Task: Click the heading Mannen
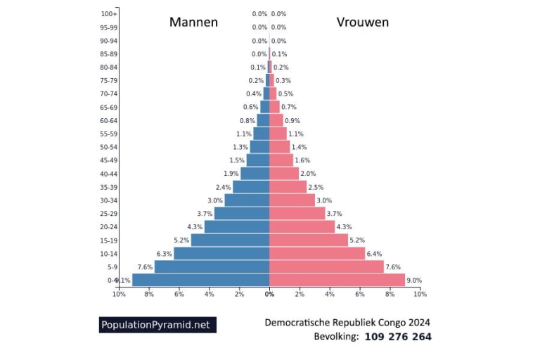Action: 193,22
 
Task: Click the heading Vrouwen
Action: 362,22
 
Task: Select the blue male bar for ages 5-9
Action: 212,266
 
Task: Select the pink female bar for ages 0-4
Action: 337,280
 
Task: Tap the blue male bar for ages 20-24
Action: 237,226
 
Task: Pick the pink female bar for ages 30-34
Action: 292,200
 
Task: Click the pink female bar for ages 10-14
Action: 317,253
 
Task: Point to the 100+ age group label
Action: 109,14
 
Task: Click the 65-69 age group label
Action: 108,107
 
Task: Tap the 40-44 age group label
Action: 108,174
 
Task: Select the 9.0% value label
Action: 414,281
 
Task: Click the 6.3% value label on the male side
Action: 164,254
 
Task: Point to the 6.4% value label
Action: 375,254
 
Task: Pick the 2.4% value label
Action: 223,187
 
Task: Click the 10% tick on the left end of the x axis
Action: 119,294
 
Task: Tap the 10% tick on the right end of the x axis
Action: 420,294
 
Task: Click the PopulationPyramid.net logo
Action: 156,325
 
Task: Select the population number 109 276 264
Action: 398,337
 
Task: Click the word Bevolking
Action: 336,337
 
